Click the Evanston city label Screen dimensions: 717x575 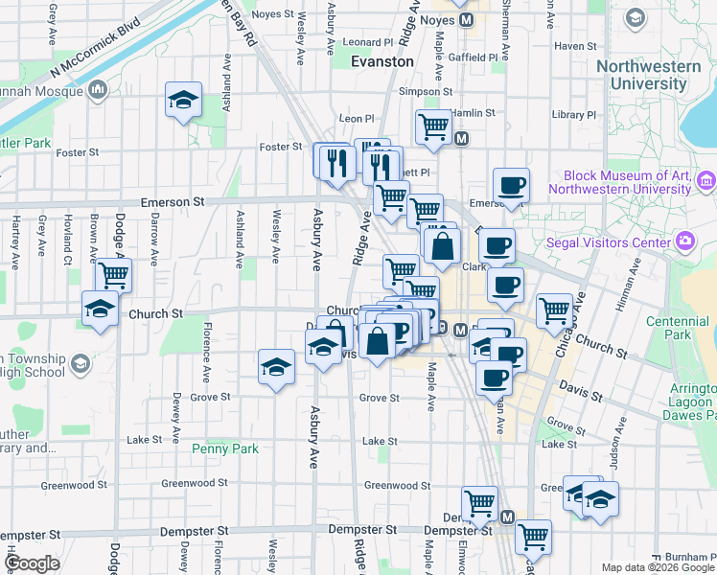click(x=382, y=61)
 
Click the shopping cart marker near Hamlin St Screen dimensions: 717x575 click(x=433, y=126)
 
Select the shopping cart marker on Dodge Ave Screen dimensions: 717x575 click(x=114, y=276)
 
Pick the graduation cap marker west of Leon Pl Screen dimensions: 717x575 click(x=182, y=101)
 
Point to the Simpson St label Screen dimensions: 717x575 click(x=426, y=92)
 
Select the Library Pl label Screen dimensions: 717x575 click(x=575, y=115)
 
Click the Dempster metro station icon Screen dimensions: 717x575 click(x=507, y=517)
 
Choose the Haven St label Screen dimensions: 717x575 click(x=575, y=46)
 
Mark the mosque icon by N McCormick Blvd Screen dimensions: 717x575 click(x=97, y=90)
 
